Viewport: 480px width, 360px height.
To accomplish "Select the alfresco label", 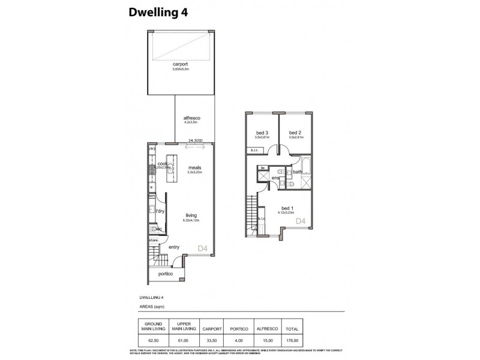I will pos(191,118).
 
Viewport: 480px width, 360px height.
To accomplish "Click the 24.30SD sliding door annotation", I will pos(194,141).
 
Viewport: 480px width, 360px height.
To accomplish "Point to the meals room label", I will pos(194,167).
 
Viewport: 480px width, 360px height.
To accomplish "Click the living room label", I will pos(190,215).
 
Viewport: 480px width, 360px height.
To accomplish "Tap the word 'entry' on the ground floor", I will pos(174,247).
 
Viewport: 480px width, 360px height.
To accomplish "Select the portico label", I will pos(166,274).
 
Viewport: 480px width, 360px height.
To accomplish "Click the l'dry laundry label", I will pos(160,211).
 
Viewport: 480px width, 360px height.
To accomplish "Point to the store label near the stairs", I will pos(154,241).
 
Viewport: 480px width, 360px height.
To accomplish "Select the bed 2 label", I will pos(294,133).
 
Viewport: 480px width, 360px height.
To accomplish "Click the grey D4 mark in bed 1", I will pos(301,222).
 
